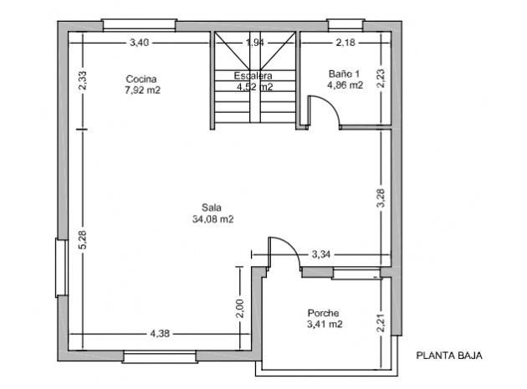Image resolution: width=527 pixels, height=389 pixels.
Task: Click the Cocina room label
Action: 141,79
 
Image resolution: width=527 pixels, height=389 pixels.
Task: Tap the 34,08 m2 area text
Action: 212,219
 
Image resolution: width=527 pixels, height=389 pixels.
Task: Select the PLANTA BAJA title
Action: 449,356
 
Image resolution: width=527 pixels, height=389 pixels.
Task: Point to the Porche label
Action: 324,313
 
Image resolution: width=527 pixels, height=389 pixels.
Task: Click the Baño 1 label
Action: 344,74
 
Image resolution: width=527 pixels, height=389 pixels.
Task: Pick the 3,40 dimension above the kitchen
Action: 140,43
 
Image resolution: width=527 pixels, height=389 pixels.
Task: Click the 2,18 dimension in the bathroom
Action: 345,43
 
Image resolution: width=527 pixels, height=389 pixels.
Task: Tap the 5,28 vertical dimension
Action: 84,240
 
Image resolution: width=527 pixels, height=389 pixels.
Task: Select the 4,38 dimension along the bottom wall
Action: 160,334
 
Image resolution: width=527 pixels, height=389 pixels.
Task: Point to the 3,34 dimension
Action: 321,254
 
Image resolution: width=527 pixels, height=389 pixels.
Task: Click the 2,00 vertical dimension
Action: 239,309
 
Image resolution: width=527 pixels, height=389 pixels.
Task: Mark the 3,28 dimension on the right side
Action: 381,198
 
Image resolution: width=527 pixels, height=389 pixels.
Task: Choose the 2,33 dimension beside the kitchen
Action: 83,80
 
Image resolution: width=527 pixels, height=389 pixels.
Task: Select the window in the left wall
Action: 62,268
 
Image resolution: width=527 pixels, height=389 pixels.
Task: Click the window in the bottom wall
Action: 160,356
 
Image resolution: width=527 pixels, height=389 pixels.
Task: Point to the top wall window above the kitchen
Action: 139,25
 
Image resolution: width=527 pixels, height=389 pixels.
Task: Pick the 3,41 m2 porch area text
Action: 325,325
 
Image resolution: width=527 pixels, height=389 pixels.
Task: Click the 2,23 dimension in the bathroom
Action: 381,79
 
